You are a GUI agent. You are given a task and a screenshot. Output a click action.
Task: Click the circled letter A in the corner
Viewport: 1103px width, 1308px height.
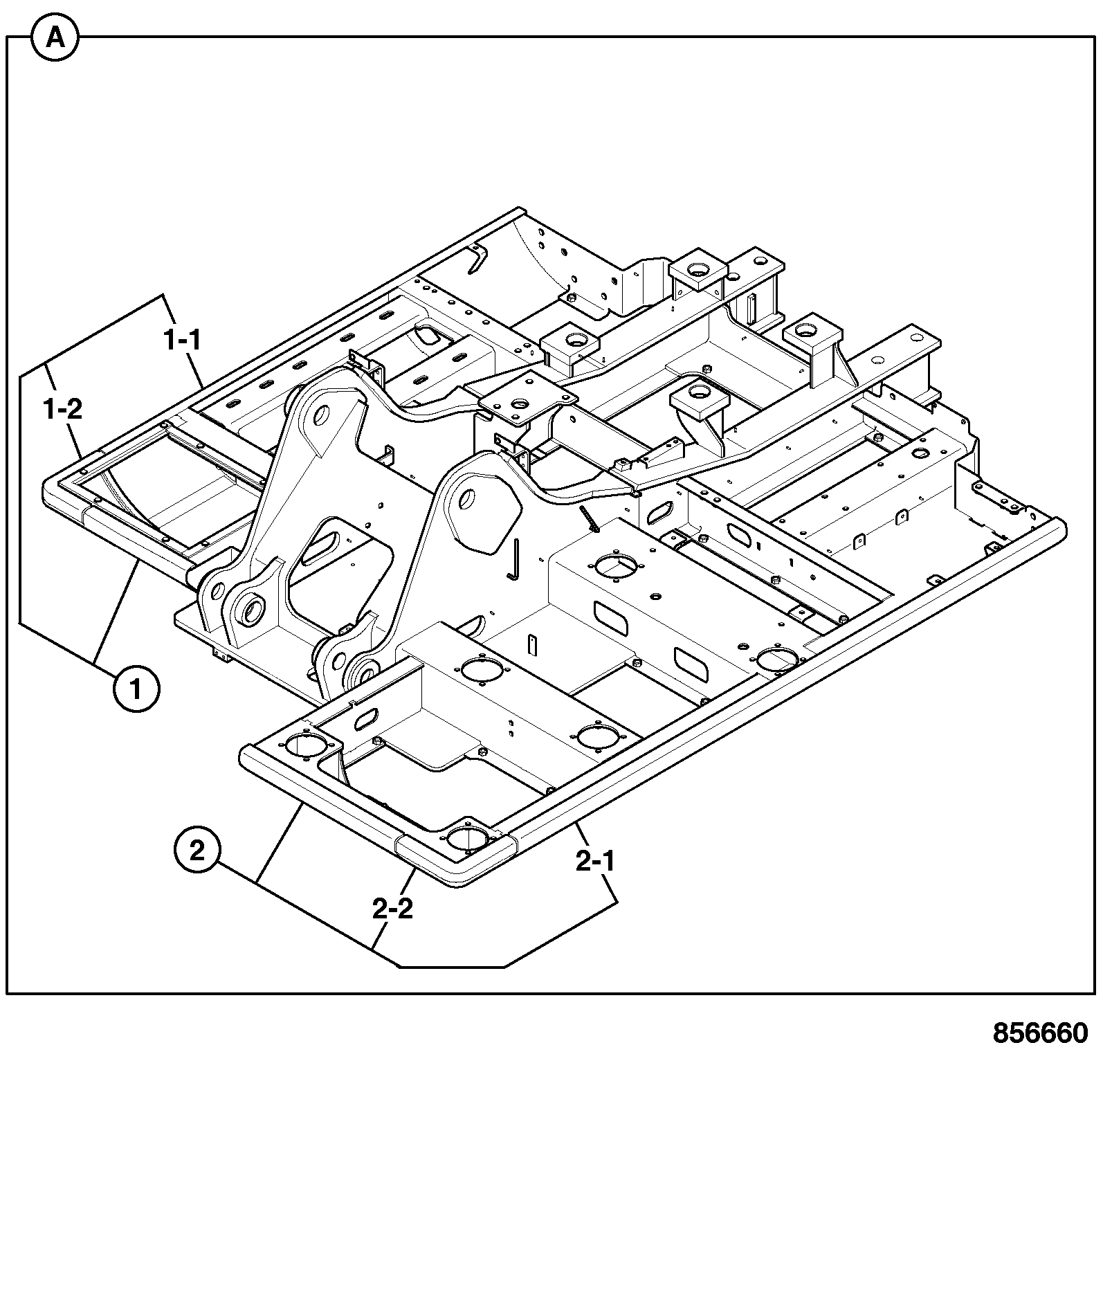(x=55, y=39)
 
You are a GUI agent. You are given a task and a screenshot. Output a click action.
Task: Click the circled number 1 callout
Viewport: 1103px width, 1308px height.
(x=136, y=689)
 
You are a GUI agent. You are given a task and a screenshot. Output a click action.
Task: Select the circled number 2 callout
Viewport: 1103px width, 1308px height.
(x=197, y=851)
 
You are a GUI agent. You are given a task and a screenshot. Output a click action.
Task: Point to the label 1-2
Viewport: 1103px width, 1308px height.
(x=62, y=409)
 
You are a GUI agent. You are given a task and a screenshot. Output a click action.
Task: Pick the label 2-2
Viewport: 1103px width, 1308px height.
(x=392, y=909)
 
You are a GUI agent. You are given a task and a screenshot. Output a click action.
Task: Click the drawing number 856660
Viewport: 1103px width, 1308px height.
(x=1040, y=1034)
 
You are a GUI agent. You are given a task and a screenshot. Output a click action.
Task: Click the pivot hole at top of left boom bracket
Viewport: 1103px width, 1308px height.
(x=320, y=416)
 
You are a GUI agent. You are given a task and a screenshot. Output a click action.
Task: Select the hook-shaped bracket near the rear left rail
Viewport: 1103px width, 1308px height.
(x=477, y=260)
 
